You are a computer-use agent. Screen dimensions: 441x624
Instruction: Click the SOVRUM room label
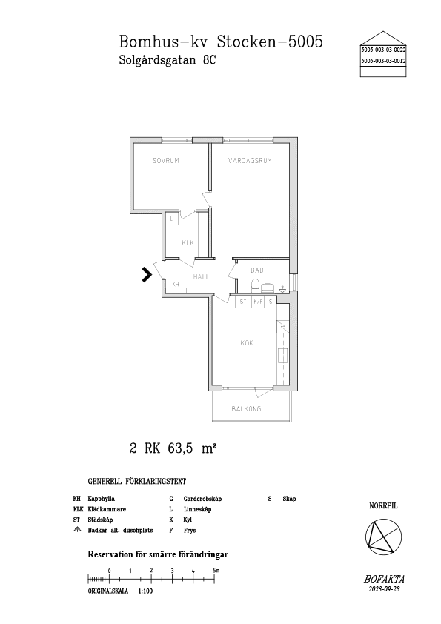166,160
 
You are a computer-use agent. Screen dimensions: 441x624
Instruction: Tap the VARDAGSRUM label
250,160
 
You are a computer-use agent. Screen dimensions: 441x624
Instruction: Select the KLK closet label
188,242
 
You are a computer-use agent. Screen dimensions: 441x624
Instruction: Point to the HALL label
201,277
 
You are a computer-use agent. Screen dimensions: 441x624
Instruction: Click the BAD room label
256,270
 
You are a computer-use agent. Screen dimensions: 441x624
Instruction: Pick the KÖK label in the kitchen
247,342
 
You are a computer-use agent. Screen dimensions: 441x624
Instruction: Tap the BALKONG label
246,408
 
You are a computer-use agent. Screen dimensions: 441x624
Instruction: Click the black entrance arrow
147,275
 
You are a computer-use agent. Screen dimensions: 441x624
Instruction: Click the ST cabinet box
243,302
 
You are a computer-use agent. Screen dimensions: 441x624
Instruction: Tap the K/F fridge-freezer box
259,302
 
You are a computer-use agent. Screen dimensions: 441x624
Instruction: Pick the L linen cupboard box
171,219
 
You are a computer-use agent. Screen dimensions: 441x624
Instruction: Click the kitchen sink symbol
282,355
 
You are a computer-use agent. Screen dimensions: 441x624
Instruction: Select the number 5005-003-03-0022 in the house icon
383,50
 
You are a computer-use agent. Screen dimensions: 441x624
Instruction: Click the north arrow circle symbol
383,537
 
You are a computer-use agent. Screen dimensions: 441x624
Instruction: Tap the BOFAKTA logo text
384,580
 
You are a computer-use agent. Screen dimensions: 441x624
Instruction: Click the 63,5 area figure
180,448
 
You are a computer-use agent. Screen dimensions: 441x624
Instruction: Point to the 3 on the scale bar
173,571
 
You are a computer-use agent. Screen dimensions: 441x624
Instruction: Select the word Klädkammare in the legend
107,509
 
